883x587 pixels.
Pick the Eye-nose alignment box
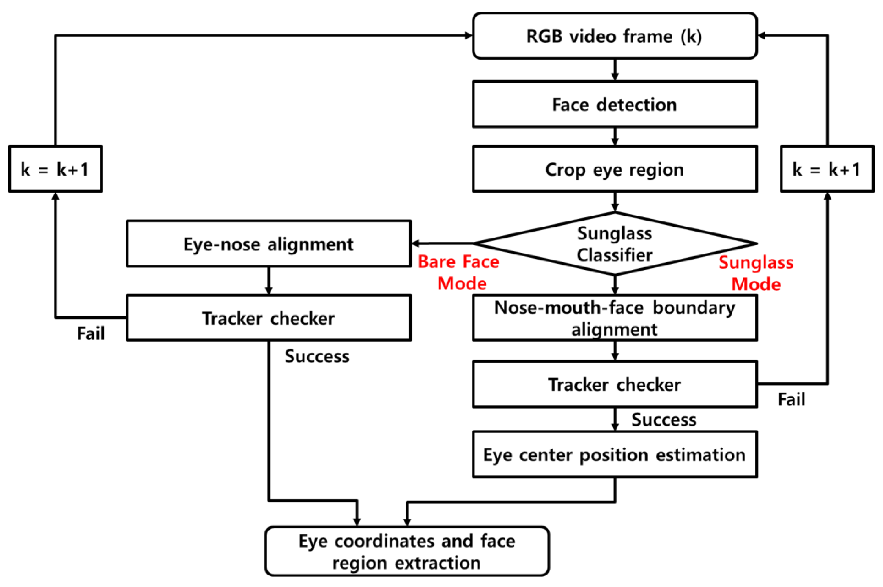(x=268, y=244)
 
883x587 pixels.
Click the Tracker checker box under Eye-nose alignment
(x=268, y=318)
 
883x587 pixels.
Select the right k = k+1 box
(x=827, y=169)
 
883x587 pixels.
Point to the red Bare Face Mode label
(x=459, y=272)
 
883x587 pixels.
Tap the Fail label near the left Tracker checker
(x=90, y=333)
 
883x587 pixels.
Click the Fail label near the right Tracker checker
(x=791, y=399)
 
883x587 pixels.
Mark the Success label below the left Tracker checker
(x=317, y=356)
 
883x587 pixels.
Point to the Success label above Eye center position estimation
(x=664, y=419)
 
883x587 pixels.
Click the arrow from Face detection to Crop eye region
(x=615, y=137)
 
